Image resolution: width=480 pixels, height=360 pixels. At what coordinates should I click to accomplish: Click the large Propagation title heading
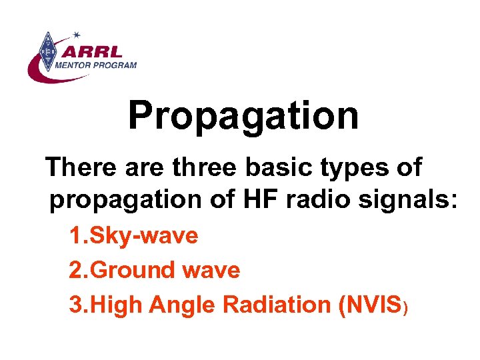point(243,116)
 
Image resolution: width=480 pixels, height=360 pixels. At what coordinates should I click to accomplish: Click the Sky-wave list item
point(143,236)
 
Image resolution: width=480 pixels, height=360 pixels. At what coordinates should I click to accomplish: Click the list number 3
point(75,305)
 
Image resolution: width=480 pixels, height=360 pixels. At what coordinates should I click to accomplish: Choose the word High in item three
point(116,306)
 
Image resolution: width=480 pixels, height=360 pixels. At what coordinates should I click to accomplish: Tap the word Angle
point(183,306)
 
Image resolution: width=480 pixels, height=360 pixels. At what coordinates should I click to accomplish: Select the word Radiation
point(277,305)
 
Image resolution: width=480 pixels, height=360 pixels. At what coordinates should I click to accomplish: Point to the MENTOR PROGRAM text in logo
point(97,65)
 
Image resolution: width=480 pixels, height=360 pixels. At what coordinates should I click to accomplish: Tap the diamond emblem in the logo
point(47,51)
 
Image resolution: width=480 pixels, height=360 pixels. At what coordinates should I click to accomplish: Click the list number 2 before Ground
point(75,271)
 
